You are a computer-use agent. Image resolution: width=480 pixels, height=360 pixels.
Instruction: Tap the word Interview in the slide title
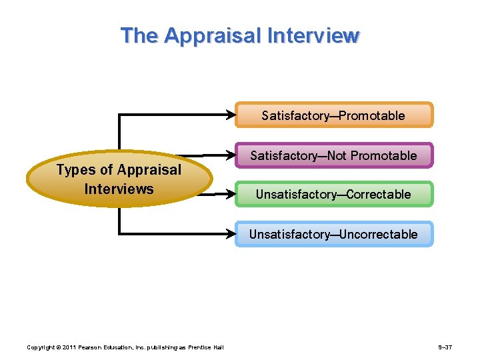(313, 35)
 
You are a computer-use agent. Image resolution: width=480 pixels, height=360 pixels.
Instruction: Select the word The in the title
(139, 35)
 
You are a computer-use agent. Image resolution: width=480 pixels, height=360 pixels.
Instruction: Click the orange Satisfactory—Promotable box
(333, 115)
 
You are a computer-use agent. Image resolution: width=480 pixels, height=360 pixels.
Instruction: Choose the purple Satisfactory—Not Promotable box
(333, 155)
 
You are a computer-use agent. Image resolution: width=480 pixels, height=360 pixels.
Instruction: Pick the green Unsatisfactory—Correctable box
(333, 195)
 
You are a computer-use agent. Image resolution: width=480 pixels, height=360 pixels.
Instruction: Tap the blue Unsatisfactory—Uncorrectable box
(333, 234)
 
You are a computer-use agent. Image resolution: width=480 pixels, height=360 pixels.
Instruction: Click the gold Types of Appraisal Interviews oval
(119, 179)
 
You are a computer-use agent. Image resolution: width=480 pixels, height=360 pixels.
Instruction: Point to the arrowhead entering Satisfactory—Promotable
(231, 115)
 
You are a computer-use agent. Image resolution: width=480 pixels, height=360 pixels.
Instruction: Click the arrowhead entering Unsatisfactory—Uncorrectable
(231, 234)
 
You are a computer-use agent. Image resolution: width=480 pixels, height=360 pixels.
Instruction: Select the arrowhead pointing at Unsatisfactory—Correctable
(231, 195)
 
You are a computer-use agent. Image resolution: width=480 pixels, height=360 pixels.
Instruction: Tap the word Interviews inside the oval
(119, 189)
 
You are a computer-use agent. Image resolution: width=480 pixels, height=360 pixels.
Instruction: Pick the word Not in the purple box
(337, 155)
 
